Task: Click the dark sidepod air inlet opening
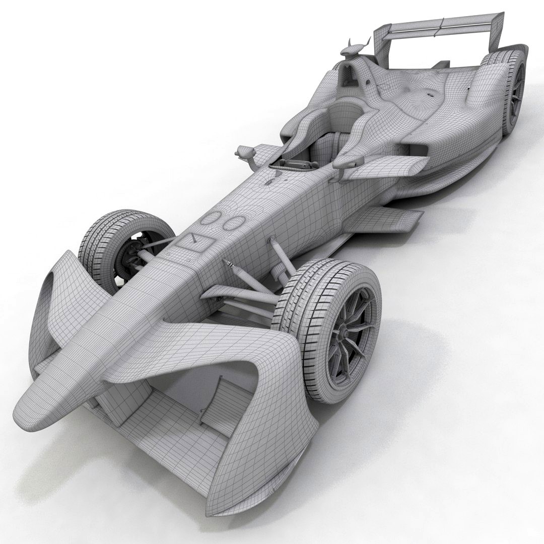418,148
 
